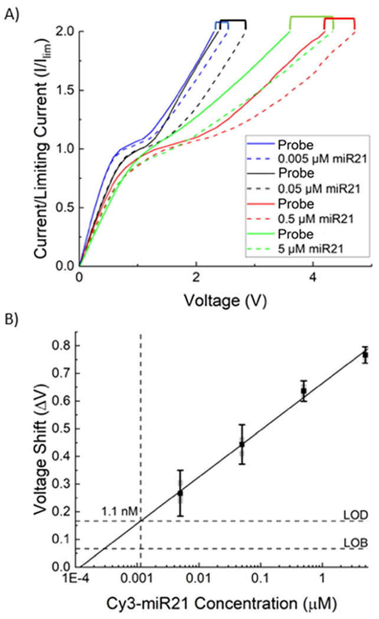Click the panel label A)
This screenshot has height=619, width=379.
pyautogui.click(x=12, y=12)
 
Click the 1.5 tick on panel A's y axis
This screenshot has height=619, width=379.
pyautogui.click(x=62, y=90)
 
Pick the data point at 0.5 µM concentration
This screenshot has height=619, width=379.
pyautogui.click(x=303, y=391)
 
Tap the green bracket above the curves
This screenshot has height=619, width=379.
pyautogui.click(x=311, y=19)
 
